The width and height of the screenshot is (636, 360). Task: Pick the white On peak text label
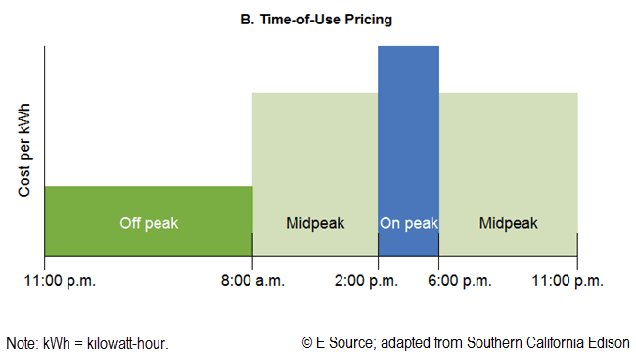pos(408,223)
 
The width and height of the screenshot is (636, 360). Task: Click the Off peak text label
pos(149,223)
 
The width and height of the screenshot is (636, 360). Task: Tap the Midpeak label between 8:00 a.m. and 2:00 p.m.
pos(314,223)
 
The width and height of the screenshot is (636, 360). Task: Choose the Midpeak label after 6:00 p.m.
pos(508,223)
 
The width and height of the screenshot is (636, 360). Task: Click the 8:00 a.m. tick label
pos(252,280)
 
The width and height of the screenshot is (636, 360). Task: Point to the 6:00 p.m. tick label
pos(439,280)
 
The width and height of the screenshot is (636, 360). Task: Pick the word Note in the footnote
pos(21,342)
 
